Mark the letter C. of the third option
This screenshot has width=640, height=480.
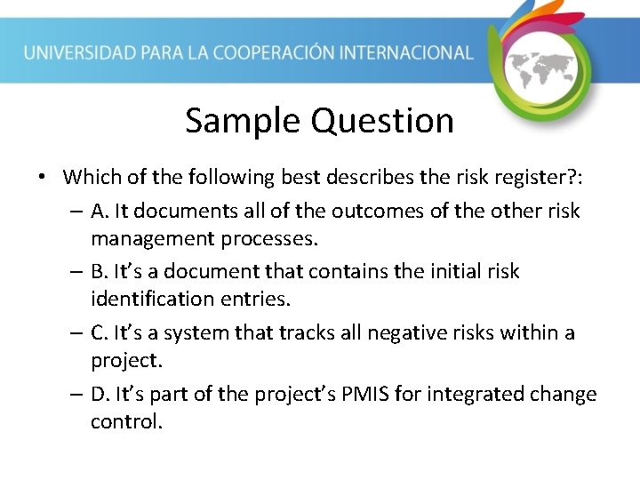(100, 332)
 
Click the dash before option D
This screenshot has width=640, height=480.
(76, 394)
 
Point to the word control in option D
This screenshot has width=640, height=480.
(126, 421)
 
